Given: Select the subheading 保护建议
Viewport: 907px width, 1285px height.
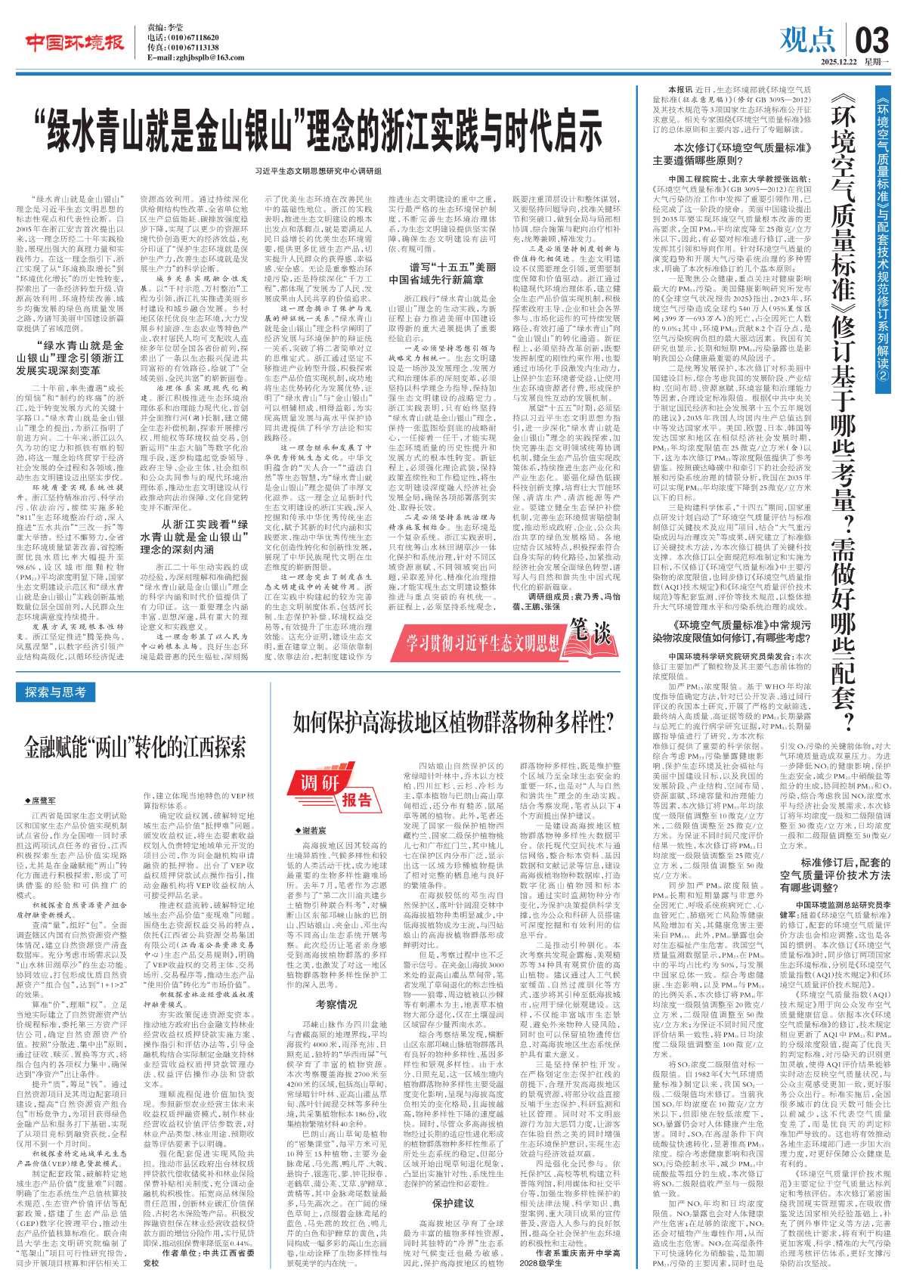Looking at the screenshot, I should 453,1202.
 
